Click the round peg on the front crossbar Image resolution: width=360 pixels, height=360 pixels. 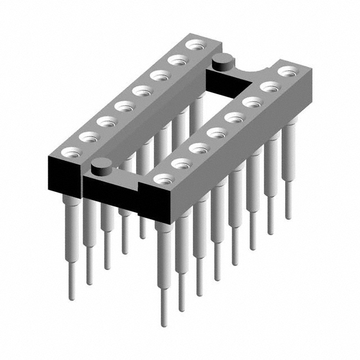click(102, 165)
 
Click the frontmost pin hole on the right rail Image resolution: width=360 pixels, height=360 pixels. click(163, 179)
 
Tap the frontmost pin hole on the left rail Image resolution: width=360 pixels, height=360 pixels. click(69, 151)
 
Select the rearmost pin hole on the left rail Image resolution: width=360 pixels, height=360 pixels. click(195, 44)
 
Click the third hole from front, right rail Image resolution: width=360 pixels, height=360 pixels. click(199, 148)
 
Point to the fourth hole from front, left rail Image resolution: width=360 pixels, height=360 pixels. click(123, 105)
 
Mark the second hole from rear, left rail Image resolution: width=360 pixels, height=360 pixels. click(177, 60)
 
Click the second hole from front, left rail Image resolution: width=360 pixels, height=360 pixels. click(88, 136)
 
